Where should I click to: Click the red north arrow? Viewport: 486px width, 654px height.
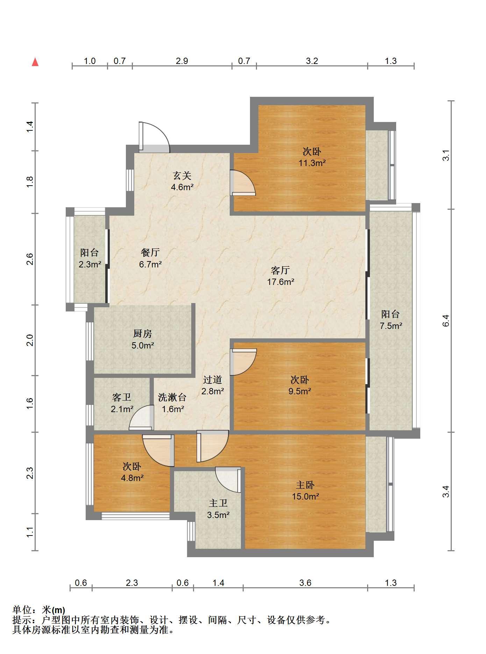click(x=35, y=62)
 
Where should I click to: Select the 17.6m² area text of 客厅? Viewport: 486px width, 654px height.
click(x=280, y=282)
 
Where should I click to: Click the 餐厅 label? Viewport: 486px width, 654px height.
click(x=150, y=252)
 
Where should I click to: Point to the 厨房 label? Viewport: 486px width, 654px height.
click(x=143, y=334)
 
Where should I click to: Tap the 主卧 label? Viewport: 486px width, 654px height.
click(x=305, y=485)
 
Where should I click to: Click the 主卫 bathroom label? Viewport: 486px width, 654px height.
click(x=218, y=503)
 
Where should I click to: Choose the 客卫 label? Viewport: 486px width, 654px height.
click(x=122, y=397)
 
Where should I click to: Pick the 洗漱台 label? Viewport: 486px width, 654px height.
click(x=172, y=397)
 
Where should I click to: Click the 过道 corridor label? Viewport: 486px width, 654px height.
click(x=213, y=380)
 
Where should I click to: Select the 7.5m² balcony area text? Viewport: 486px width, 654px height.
click(x=391, y=326)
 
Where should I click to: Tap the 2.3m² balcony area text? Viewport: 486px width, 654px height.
click(x=90, y=264)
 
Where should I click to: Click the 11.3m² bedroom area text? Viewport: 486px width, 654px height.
click(x=312, y=163)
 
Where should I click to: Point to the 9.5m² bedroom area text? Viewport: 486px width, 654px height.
click(x=300, y=391)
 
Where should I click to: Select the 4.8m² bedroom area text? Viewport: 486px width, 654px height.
click(x=132, y=478)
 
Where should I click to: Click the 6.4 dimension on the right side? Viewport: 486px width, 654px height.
click(x=445, y=320)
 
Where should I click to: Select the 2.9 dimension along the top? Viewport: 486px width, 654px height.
click(x=182, y=61)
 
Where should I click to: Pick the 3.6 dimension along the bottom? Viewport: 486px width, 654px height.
click(x=305, y=583)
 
